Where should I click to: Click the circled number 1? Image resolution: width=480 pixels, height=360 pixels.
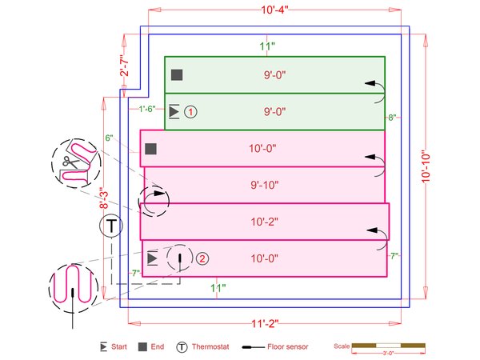(190, 112)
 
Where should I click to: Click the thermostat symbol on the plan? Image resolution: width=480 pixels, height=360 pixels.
(111, 226)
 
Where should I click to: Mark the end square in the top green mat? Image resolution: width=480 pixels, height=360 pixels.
(177, 75)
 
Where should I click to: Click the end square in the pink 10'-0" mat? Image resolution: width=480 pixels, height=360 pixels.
(150, 148)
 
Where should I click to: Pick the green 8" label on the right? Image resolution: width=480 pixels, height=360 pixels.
(392, 118)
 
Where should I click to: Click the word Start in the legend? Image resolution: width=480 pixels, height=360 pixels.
(119, 347)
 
